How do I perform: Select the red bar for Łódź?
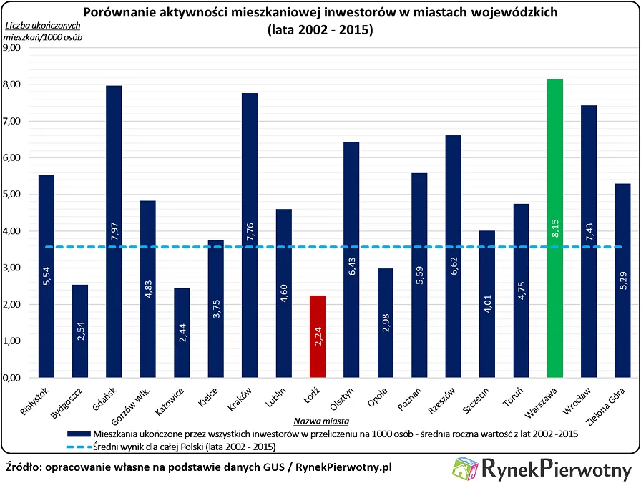(318, 336)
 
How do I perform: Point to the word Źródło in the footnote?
(24, 467)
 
